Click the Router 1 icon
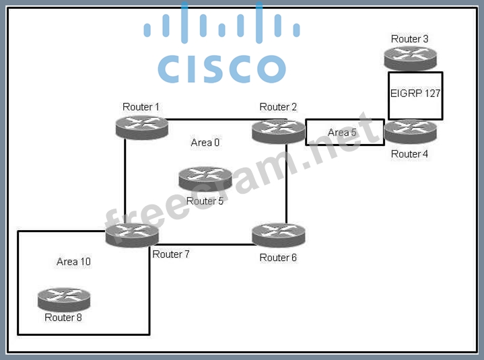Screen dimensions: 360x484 141,127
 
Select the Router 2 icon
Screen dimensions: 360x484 278,130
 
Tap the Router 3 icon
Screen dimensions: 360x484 410,58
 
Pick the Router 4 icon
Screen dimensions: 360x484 410,131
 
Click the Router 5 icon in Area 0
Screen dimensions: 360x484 205,178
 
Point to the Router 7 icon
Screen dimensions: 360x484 132,235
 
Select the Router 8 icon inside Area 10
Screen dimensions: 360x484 64,299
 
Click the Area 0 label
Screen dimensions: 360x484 205,143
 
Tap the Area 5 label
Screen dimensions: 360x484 342,133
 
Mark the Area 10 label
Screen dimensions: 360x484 73,261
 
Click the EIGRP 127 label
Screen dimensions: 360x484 415,94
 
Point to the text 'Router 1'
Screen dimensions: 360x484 141,107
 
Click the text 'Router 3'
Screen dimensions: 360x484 409,39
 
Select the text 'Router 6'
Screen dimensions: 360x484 278,258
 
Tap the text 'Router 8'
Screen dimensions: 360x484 63,318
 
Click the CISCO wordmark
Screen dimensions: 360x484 221,68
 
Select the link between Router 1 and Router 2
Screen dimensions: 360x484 209,120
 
